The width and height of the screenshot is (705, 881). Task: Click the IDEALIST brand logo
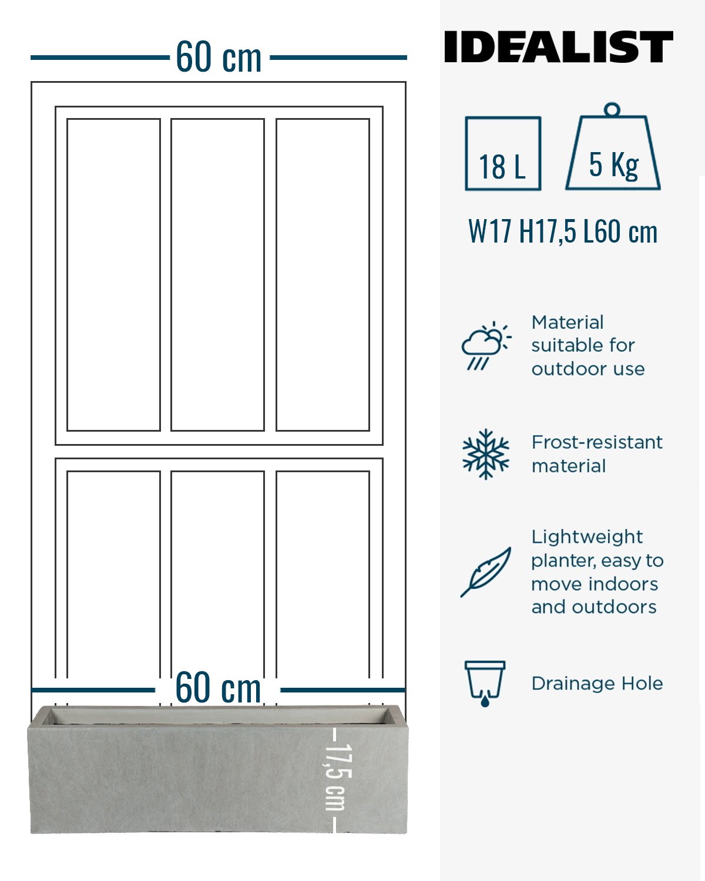coord(558,47)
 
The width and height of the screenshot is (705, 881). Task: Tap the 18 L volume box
coord(503,153)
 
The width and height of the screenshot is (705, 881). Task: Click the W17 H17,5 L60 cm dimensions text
coord(563,231)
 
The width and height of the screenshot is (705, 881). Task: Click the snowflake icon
coord(486,454)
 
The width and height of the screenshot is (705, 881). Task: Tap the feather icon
coord(486,571)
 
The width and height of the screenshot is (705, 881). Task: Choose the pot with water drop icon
coord(485,683)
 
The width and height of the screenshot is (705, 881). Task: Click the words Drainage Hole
coord(597,684)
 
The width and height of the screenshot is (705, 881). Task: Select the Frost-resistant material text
coord(597,454)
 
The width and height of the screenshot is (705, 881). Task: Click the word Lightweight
coord(587,537)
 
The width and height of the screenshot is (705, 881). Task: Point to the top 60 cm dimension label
coord(219,58)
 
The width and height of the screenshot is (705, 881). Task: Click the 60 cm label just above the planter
coord(218,688)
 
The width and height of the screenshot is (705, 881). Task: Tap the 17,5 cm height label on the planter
coord(338,778)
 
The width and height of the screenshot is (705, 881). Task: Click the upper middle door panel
coord(217,275)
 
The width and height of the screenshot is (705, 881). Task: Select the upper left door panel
coord(113,275)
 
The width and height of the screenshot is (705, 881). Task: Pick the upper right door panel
coord(323,275)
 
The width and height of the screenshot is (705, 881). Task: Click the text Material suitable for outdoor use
coord(587,345)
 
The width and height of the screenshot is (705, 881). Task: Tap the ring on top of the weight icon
coord(612,110)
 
